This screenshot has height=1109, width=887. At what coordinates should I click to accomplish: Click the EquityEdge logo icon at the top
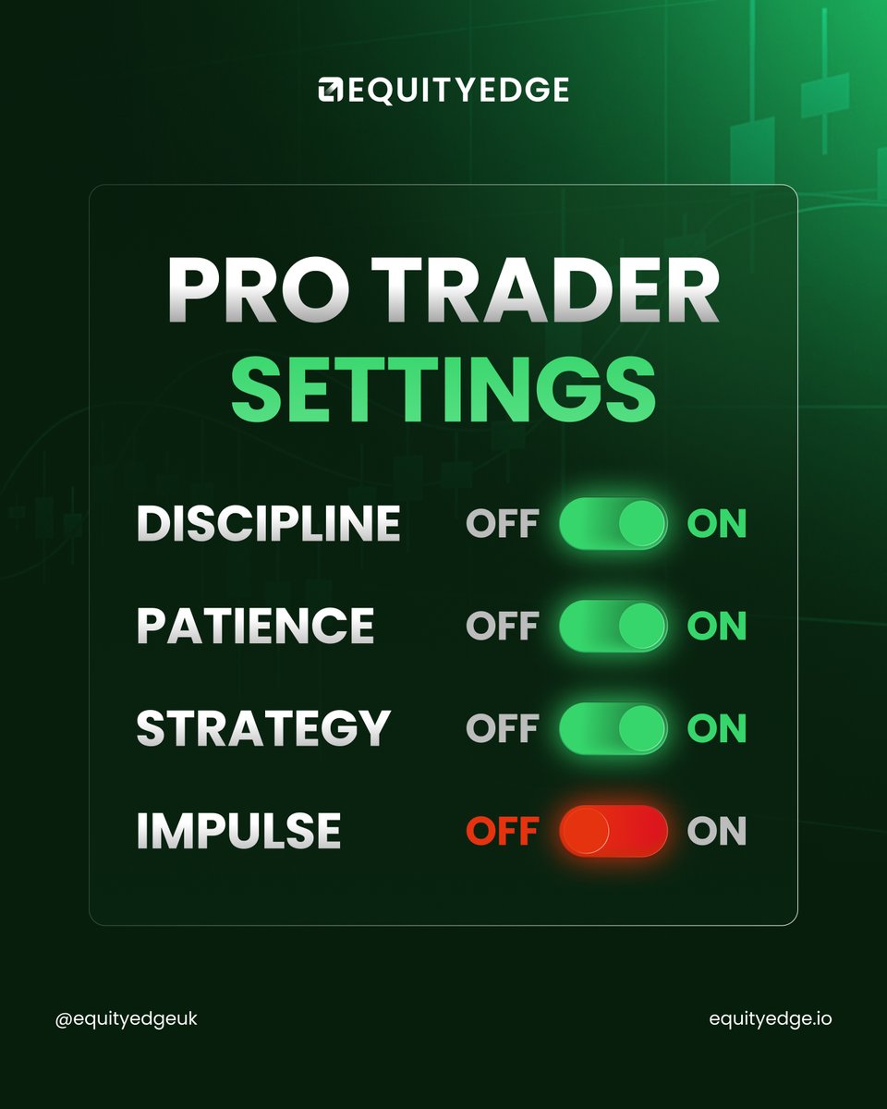[x=331, y=90]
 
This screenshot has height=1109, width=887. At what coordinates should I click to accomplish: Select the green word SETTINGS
[x=443, y=390]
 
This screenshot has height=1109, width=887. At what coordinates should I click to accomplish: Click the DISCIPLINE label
[x=268, y=525]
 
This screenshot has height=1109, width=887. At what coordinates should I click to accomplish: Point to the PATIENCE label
[x=255, y=627]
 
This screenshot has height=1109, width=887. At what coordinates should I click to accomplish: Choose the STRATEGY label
[x=263, y=729]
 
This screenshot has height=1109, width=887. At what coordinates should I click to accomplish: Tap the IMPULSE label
[x=238, y=832]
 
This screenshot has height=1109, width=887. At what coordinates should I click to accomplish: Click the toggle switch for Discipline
[x=613, y=525]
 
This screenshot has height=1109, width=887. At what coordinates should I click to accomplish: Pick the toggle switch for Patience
[x=613, y=627]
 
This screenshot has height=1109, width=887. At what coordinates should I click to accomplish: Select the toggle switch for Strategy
[x=613, y=729]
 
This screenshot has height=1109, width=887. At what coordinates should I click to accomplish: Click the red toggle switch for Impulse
[x=613, y=831]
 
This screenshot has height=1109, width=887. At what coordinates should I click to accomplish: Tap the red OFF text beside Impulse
[x=502, y=832]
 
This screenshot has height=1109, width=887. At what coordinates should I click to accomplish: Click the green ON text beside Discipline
[x=716, y=525]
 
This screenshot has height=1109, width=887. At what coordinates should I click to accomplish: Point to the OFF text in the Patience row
[x=502, y=627]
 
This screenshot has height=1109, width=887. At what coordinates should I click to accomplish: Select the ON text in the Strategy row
[x=716, y=729]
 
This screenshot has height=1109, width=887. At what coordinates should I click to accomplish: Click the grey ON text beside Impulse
[x=716, y=832]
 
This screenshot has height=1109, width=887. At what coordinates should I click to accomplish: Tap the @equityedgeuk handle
[x=127, y=1019]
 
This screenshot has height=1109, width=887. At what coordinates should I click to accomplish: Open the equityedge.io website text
[x=770, y=1019]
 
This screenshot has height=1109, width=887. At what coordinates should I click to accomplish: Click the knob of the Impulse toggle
[x=586, y=831]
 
